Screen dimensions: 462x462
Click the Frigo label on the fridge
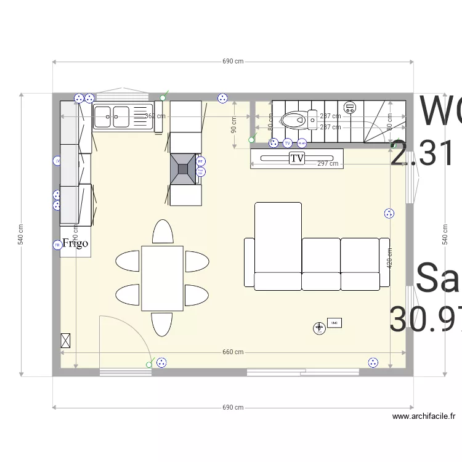pyautogui.click(x=75, y=243)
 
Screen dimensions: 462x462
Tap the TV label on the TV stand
pyautogui.click(x=297, y=158)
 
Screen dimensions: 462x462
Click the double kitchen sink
pyautogui.click(x=111, y=116)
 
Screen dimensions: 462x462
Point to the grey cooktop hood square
pyautogui.click(x=184, y=168)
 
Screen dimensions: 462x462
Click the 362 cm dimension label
pyautogui.click(x=155, y=116)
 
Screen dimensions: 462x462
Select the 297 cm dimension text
pyautogui.click(x=328, y=164)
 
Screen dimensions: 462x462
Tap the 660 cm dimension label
pyautogui.click(x=233, y=352)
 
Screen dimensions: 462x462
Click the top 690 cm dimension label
pyautogui.click(x=233, y=62)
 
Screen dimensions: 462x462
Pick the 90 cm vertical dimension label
pyautogui.click(x=233, y=126)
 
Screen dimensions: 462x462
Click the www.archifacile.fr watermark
pyautogui.click(x=424, y=416)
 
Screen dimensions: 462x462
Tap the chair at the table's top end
pyautogui.click(x=163, y=232)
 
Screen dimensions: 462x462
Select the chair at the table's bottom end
pyautogui.click(x=163, y=324)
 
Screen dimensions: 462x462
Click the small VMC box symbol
pyautogui.click(x=334, y=323)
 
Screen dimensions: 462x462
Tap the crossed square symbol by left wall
pyautogui.click(x=66, y=341)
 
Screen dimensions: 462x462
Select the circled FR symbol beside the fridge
pyautogui.click(x=57, y=245)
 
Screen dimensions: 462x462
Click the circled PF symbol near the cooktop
pyautogui.click(x=201, y=161)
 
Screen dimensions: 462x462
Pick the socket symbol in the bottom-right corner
pyautogui.click(x=373, y=363)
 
